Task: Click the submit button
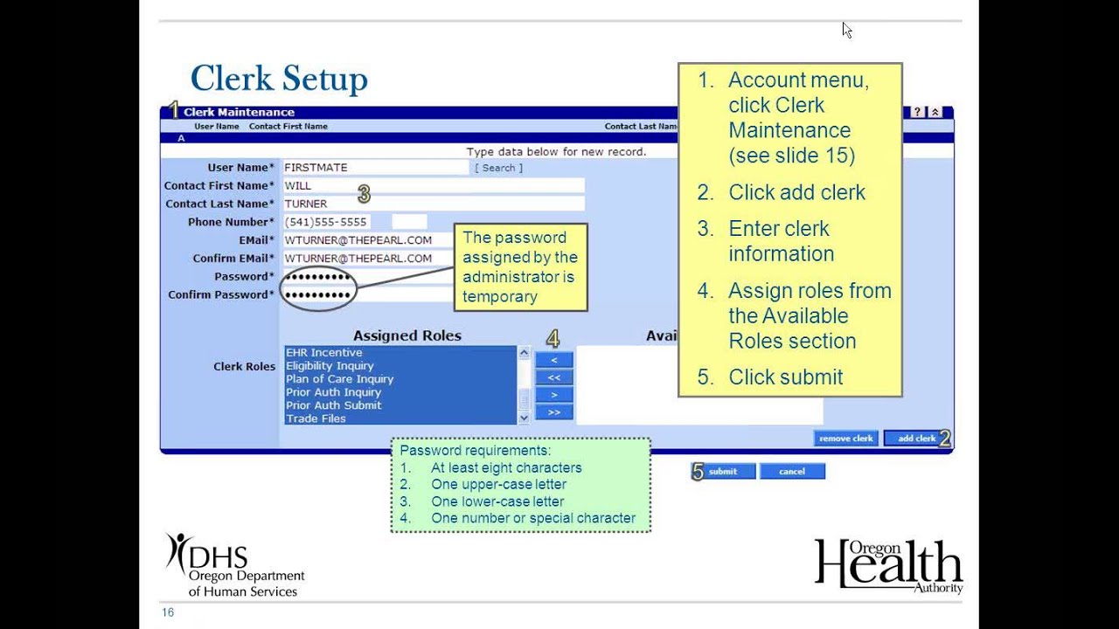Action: tap(723, 471)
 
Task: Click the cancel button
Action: tap(792, 471)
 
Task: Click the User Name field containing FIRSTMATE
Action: tap(376, 168)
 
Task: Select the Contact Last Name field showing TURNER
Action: tap(434, 204)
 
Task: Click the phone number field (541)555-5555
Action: tap(327, 222)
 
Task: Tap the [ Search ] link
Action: tap(498, 168)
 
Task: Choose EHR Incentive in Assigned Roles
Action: tap(324, 352)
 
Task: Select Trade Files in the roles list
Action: tap(316, 418)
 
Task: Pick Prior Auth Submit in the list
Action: tap(334, 405)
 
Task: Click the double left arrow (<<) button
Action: tap(554, 377)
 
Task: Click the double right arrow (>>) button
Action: tap(554, 412)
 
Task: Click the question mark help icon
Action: tap(917, 112)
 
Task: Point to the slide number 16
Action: tap(168, 612)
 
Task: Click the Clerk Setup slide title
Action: tap(279, 79)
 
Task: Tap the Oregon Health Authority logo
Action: tap(889, 566)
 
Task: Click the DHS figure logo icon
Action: tap(177, 553)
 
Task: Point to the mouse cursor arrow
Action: tap(847, 30)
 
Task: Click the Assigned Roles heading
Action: tap(407, 335)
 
